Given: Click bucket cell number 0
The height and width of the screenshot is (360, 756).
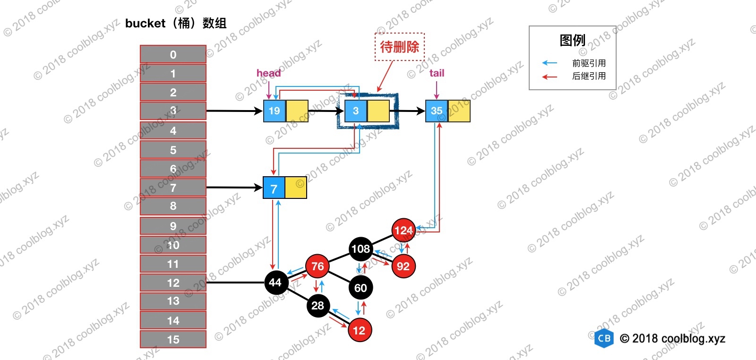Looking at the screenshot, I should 173,54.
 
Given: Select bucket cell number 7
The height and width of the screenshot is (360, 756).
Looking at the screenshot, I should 173,188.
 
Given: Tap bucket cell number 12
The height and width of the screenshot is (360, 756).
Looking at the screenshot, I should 173,283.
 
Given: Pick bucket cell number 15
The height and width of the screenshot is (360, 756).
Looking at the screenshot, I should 173,339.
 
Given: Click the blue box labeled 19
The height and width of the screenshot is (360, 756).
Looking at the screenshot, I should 274,111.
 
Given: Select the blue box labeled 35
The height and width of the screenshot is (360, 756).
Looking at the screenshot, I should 437,111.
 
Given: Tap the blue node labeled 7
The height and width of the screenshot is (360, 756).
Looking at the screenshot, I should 274,189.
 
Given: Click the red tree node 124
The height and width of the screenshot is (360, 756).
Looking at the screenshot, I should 404,230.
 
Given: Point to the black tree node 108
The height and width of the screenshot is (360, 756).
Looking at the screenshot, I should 361,249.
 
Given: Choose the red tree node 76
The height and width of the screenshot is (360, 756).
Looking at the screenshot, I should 318,266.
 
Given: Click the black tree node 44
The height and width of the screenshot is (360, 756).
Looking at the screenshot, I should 275,283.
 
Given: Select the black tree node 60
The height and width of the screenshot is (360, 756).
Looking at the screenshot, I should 361,288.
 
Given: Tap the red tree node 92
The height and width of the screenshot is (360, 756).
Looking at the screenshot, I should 403,266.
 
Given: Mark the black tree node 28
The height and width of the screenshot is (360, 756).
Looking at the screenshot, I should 318,306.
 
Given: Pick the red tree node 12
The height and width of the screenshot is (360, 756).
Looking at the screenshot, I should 360,330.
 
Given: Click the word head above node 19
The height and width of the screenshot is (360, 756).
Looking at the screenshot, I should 268,73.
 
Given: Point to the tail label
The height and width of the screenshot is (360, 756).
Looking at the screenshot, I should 437,73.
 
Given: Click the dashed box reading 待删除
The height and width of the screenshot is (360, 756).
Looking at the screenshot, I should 400,47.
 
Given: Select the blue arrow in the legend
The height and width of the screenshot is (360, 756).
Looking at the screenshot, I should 550,63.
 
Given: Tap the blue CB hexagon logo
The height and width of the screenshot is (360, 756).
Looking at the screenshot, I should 604,338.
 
